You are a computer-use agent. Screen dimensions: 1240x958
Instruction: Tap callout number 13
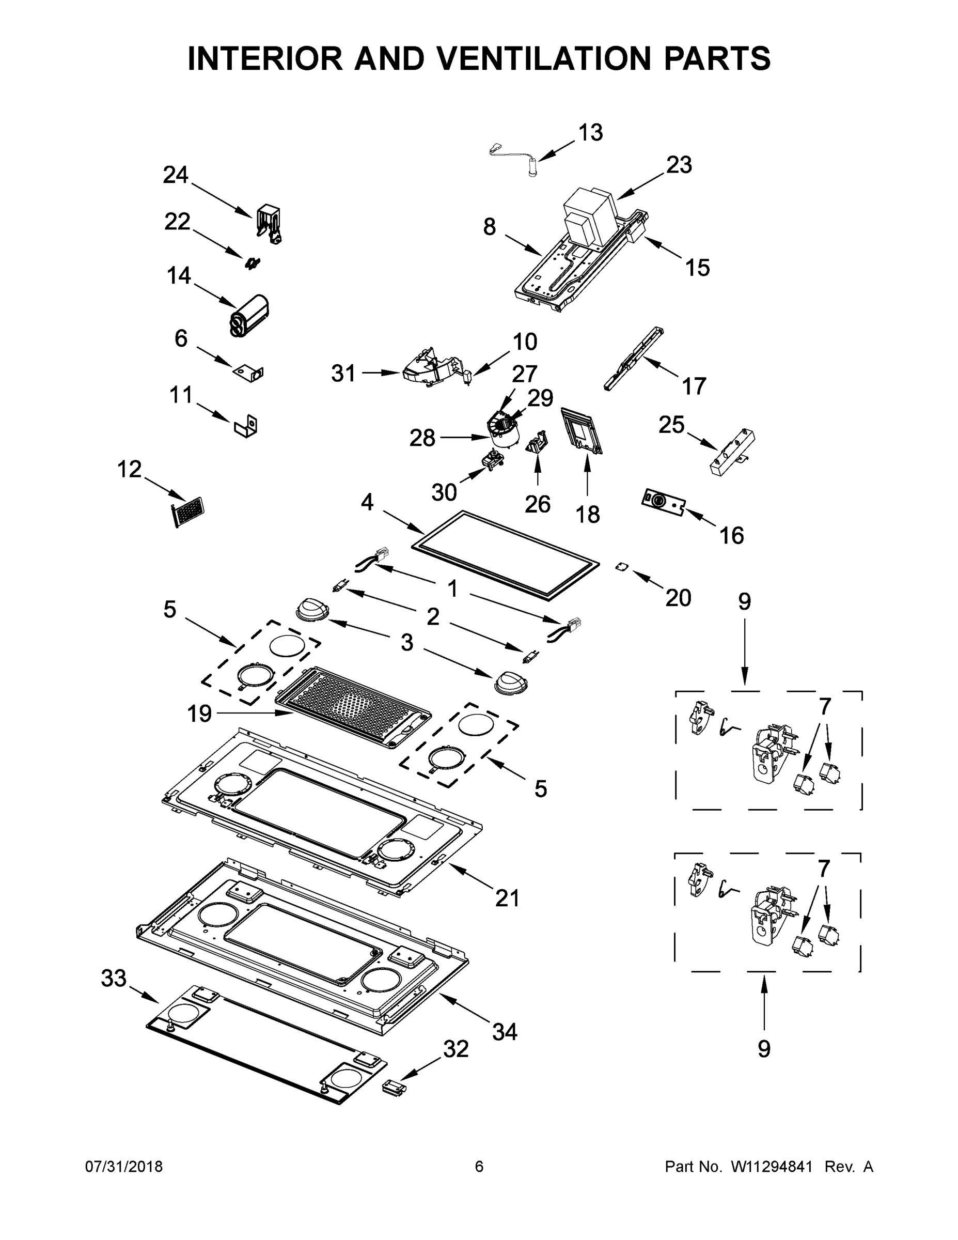590,132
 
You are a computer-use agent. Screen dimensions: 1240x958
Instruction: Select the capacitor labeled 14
249,316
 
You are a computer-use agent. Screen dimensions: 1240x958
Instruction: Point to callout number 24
176,174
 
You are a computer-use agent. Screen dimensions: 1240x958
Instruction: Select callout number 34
505,1032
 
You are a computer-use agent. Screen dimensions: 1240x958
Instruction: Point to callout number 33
114,978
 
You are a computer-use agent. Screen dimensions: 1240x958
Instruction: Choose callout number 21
507,898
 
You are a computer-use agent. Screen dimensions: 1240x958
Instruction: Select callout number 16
732,535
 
